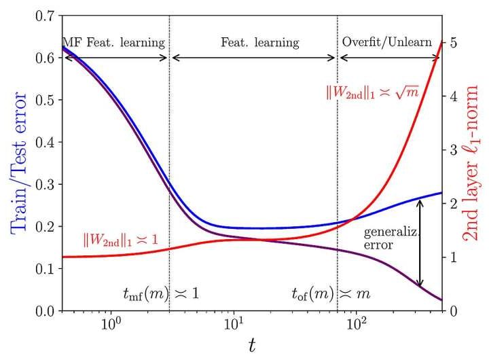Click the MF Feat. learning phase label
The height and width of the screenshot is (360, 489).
[x=113, y=42]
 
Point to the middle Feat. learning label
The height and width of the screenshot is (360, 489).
[x=259, y=42]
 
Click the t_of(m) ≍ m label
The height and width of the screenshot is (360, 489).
[x=330, y=293]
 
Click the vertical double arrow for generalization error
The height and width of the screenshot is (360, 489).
[x=420, y=242]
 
